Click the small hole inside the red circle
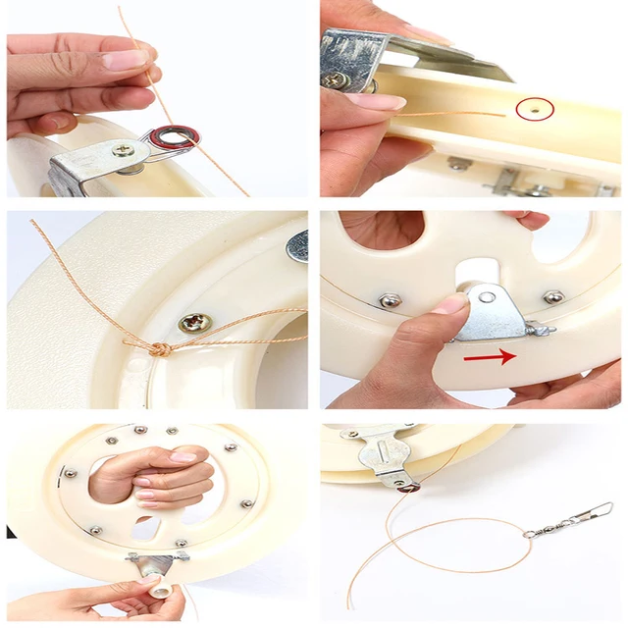[x=534, y=111]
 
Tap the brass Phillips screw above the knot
[x=193, y=323]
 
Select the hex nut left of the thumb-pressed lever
[x=390, y=300]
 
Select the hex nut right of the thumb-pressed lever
[x=552, y=296]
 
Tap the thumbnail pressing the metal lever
[x=452, y=304]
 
